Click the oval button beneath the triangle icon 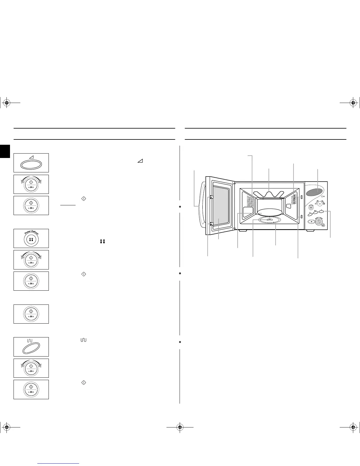point(31,165)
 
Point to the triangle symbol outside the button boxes point(140,161)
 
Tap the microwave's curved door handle point(201,206)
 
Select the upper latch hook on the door point(211,197)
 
